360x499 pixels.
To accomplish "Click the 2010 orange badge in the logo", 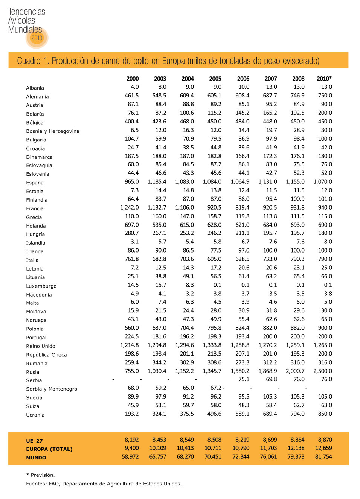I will [x=37, y=38].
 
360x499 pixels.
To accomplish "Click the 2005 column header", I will [x=215, y=79].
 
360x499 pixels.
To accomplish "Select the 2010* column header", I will [x=324, y=79].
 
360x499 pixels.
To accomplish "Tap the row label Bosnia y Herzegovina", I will [x=53, y=131].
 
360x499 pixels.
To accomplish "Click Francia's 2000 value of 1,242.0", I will [x=129, y=208].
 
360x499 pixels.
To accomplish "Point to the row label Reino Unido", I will [x=41, y=346].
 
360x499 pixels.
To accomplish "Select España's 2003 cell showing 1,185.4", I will [x=157, y=182].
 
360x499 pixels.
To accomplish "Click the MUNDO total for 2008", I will [x=296, y=457].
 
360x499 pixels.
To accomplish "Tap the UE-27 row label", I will [x=34, y=441].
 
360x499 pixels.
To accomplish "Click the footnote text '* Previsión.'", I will [x=40, y=475].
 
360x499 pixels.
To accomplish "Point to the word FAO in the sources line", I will [x=54, y=484].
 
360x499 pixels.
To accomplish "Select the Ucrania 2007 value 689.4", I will [x=270, y=414].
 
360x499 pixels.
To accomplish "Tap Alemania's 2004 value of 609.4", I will [x=187, y=96].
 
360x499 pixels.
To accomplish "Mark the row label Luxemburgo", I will [x=41, y=286].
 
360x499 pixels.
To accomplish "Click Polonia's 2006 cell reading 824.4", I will [x=242, y=328].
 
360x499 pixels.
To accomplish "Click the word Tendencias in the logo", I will [x=26, y=12].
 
